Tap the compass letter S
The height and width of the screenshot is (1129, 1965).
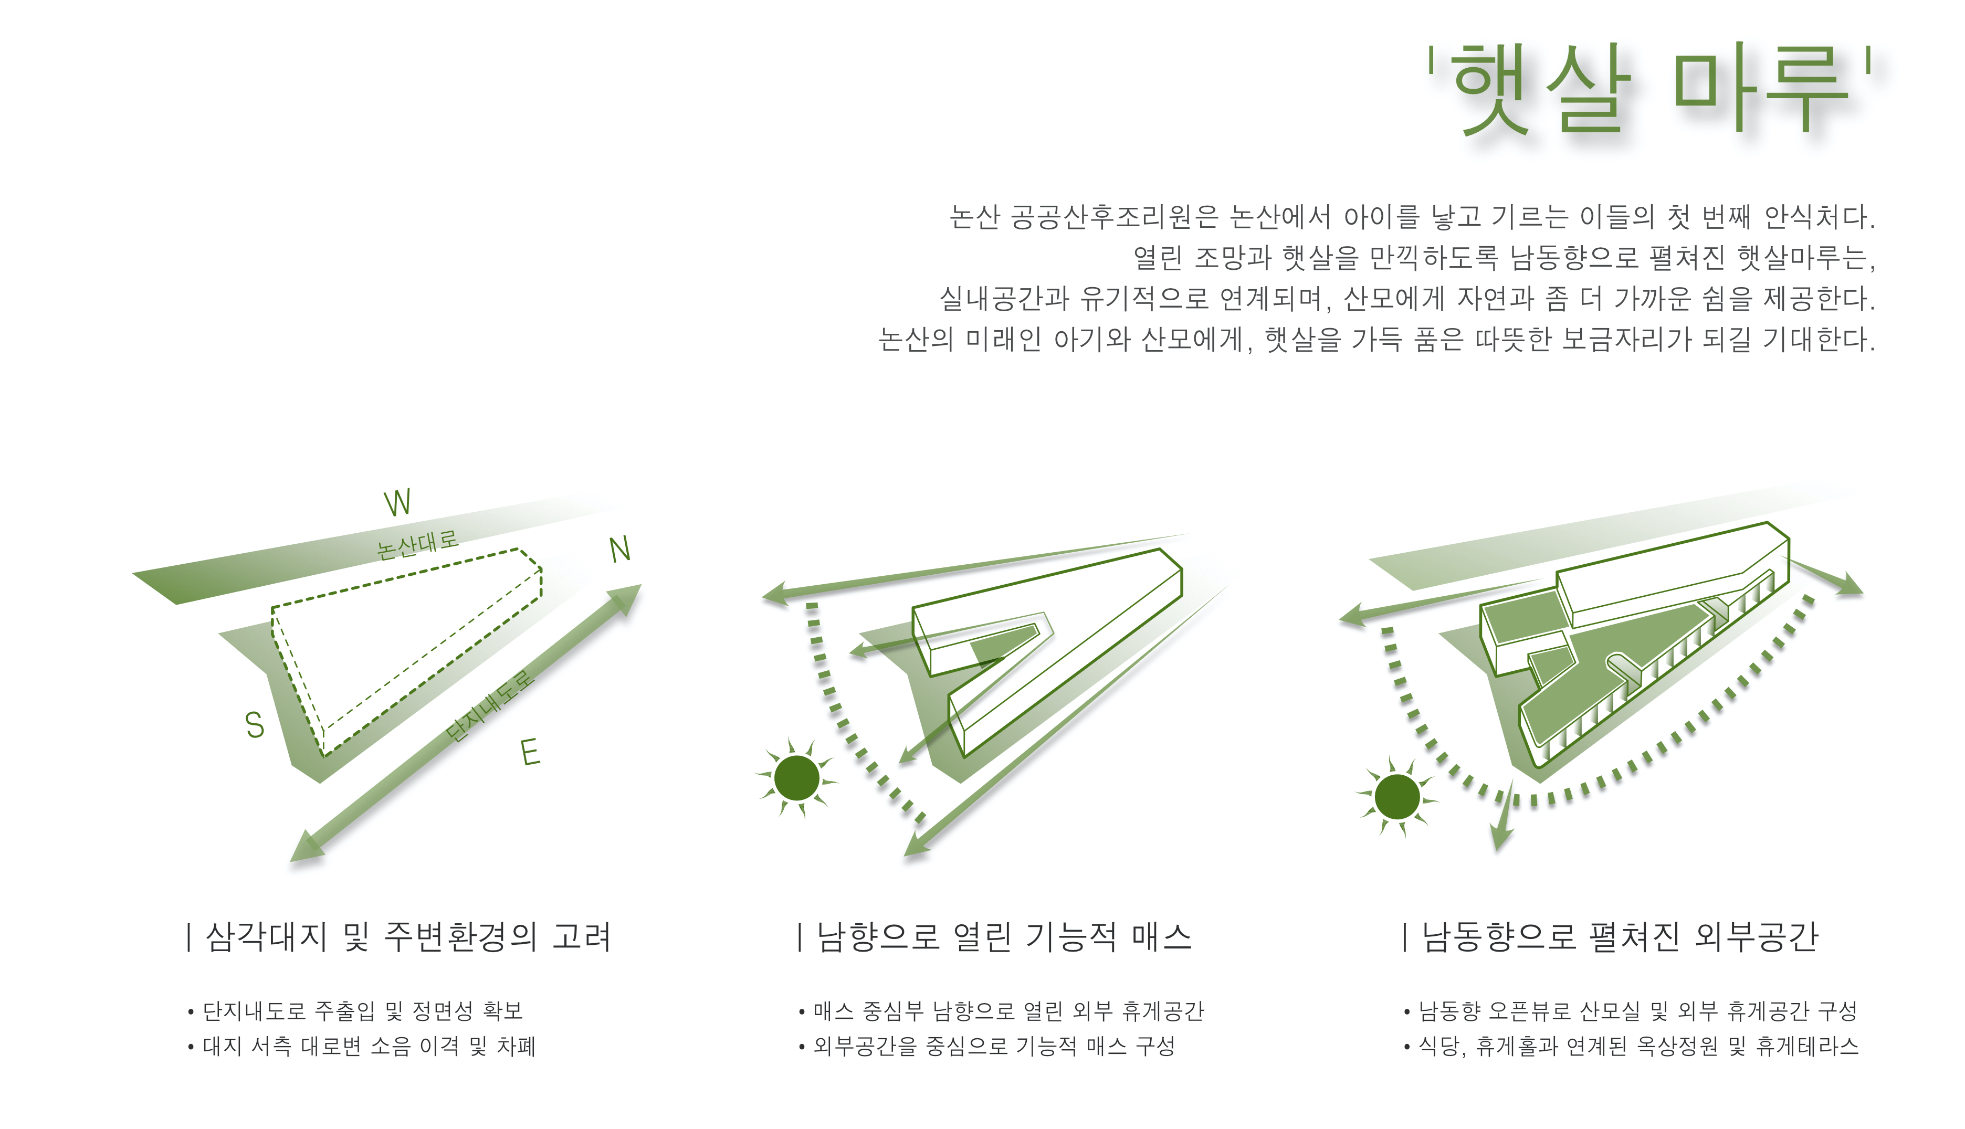tap(254, 725)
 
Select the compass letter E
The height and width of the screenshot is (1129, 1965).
tap(530, 752)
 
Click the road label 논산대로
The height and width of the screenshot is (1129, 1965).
tap(417, 544)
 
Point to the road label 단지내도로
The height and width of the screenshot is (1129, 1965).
tap(490, 706)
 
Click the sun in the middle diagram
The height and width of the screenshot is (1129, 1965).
tap(796, 778)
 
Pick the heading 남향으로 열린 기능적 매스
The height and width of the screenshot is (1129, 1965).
tap(1003, 937)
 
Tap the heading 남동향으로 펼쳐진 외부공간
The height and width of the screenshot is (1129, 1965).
tap(1619, 937)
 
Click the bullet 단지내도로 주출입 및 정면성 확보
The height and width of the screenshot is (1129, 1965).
tap(363, 1010)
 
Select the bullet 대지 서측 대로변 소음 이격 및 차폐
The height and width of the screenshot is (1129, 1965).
tap(369, 1046)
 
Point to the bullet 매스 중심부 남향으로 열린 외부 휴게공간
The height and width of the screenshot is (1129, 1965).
tap(1008, 1010)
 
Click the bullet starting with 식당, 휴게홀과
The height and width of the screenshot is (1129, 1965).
tap(1638, 1046)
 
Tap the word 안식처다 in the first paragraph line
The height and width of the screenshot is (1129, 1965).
tap(1819, 217)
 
